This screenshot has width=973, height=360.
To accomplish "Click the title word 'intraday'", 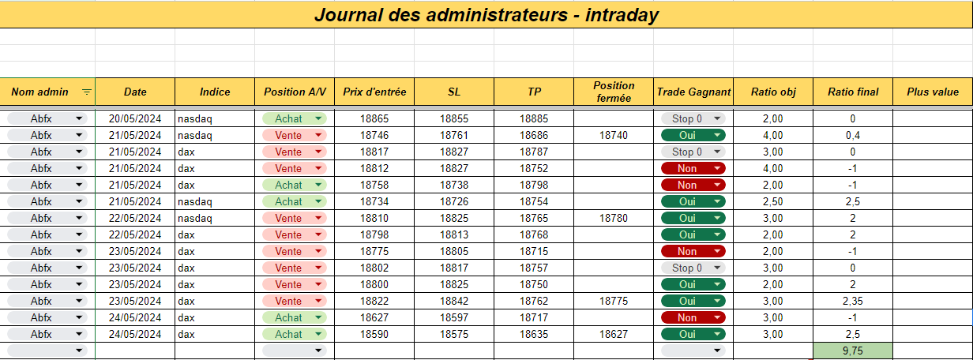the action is click(622, 15).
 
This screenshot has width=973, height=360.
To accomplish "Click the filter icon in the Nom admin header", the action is click(87, 92).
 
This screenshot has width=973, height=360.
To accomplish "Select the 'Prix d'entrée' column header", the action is click(374, 92).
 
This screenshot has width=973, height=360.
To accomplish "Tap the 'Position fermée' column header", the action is click(614, 92).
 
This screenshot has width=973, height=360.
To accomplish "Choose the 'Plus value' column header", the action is click(933, 92).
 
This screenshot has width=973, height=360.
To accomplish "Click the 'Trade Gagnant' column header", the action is click(693, 92).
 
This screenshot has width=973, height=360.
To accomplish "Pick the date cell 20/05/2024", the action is click(135, 118).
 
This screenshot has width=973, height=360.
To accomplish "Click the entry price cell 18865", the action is click(374, 118).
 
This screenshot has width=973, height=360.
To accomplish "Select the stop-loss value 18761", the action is click(454, 135).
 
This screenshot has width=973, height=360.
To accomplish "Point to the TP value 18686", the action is click(534, 135).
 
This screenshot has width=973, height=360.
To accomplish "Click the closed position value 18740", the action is click(614, 135).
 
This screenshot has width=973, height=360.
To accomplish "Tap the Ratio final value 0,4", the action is click(853, 135).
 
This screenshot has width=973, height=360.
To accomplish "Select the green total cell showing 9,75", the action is click(853, 351).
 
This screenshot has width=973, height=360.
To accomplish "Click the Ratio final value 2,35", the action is click(853, 301).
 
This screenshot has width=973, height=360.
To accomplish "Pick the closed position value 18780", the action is click(614, 218).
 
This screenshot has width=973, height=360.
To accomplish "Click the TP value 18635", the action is click(534, 334).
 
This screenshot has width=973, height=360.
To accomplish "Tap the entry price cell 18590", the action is click(374, 334).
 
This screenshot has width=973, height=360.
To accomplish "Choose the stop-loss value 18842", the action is click(454, 301).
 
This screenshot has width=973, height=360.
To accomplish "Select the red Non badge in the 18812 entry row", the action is click(693, 168).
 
